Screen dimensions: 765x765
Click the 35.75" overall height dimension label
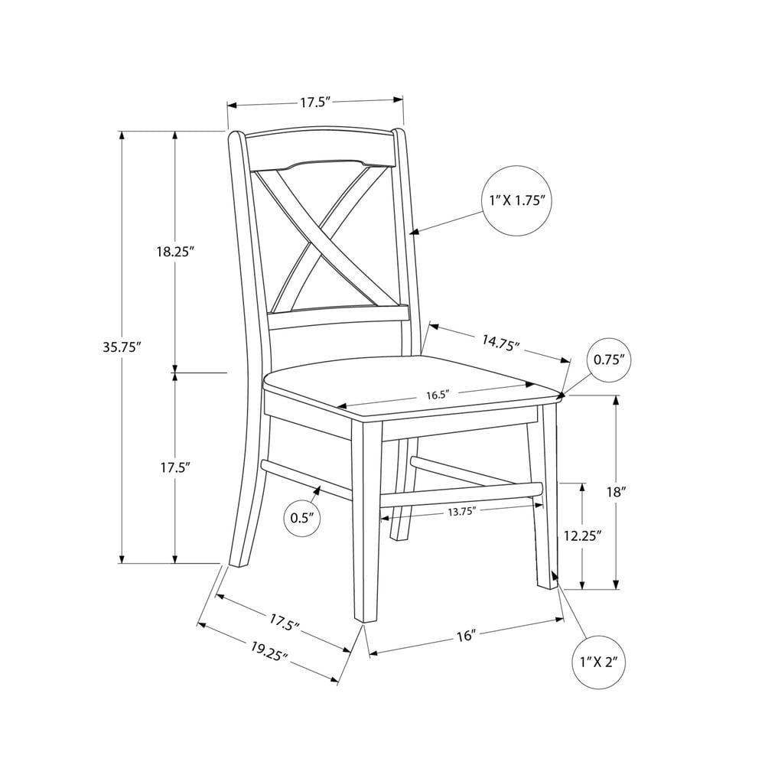[x=122, y=347]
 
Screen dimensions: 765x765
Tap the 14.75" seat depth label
[x=500, y=343]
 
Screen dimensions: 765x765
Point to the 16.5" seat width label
[x=437, y=395]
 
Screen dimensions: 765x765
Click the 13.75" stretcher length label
[x=461, y=511]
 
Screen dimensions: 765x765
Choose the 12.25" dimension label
[x=581, y=536]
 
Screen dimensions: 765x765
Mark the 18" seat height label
[x=616, y=492]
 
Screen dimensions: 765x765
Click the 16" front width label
[x=466, y=636]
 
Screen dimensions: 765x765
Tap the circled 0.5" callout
[x=302, y=518]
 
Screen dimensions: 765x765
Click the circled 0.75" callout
[x=610, y=360]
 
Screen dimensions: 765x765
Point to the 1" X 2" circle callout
[x=599, y=662]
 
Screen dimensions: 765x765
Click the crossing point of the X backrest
[x=318, y=236]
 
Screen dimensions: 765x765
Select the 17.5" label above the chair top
[x=315, y=103]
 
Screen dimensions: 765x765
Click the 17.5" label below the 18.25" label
[x=175, y=467]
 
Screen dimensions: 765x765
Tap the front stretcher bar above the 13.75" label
[x=461, y=493]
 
